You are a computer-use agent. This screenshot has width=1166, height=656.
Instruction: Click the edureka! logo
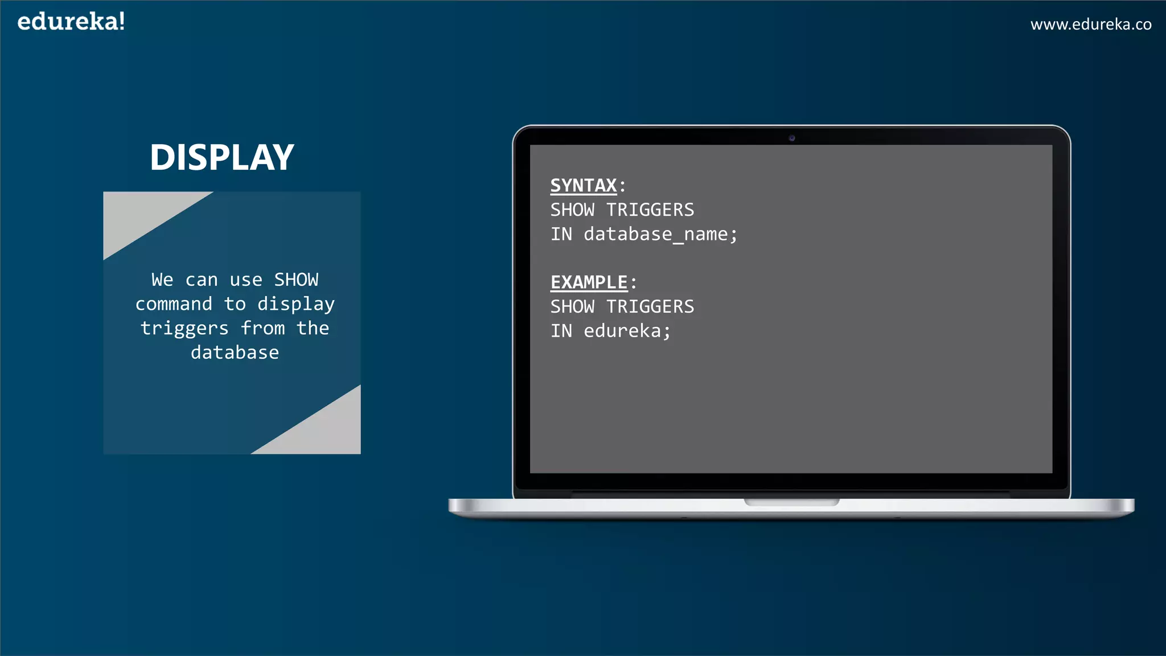pos(71,22)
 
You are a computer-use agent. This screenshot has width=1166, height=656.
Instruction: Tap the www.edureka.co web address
pos(1090,24)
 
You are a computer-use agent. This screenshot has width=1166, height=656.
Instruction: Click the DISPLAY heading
pos(222,157)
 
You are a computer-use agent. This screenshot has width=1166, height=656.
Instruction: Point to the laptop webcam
pos(791,138)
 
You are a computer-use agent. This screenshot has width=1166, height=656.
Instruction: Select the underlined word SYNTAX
pos(584,186)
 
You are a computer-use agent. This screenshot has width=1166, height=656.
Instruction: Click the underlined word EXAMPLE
pos(589,282)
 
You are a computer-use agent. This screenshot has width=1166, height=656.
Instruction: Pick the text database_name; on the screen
pos(660,235)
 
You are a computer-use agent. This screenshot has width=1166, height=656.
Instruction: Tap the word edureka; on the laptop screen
pos(627,331)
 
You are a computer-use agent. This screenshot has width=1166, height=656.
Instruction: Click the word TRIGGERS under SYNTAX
pos(650,210)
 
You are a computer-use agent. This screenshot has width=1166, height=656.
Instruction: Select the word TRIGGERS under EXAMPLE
pos(650,307)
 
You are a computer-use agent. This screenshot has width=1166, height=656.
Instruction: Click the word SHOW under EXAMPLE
pos(572,307)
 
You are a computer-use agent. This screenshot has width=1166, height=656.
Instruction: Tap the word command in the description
pos(174,304)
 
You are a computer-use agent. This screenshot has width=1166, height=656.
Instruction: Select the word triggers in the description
pos(184,329)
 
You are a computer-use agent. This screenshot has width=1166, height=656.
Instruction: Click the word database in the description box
pos(235,353)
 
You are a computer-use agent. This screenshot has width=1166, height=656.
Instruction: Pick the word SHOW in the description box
pos(296,280)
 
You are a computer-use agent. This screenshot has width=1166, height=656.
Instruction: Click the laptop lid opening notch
pos(791,502)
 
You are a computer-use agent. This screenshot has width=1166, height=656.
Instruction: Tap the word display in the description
pos(295,304)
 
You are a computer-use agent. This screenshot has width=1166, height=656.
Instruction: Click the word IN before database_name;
pos(561,235)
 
